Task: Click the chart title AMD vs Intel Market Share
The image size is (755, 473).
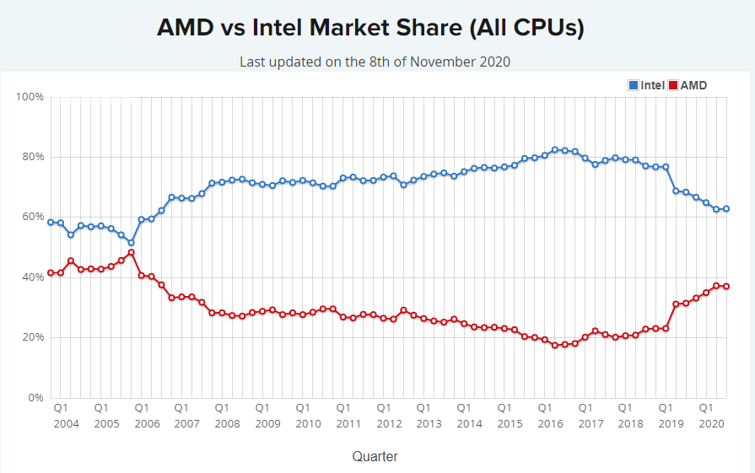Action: [x=370, y=27]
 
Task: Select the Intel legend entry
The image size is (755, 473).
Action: [x=646, y=85]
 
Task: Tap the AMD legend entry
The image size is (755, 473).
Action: [x=688, y=85]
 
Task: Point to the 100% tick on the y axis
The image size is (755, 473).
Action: [x=30, y=97]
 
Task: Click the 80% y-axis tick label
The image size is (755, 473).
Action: [x=33, y=157]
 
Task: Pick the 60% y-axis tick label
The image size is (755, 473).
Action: [x=33, y=217]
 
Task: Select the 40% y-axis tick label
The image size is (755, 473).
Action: [x=33, y=277]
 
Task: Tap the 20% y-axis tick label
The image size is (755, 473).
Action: [x=33, y=337]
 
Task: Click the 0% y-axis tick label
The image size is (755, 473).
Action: [x=35, y=397]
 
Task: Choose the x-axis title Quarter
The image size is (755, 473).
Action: [x=375, y=456]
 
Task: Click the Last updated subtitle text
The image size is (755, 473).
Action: [x=375, y=62]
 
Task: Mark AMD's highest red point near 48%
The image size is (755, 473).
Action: [x=131, y=252]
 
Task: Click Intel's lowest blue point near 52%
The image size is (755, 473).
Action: [x=131, y=243]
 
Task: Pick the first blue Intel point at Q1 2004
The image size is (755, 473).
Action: [x=51, y=223]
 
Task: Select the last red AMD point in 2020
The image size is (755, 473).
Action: [x=725, y=287]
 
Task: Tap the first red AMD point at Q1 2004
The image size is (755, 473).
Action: [x=51, y=272]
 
